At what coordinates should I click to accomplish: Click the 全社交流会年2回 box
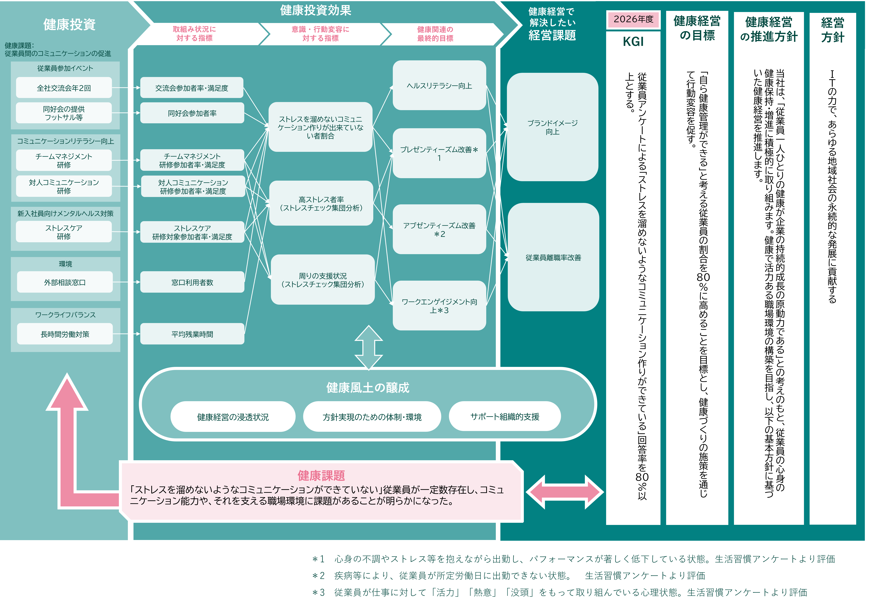(64, 88)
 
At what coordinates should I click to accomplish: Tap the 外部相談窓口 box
(65, 282)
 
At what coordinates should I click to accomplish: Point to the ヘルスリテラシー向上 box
(439, 86)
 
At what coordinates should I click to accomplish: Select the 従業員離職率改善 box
(553, 257)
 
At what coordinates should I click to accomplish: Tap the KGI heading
(633, 41)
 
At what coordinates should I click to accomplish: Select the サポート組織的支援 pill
(505, 416)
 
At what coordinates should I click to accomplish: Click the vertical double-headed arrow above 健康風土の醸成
(369, 347)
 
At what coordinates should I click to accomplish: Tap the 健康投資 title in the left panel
(69, 24)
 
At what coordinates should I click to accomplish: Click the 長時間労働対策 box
(65, 334)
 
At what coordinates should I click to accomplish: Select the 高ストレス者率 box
(321, 203)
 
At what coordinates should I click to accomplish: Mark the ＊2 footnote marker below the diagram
(318, 575)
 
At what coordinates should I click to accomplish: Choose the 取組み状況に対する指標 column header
(194, 33)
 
